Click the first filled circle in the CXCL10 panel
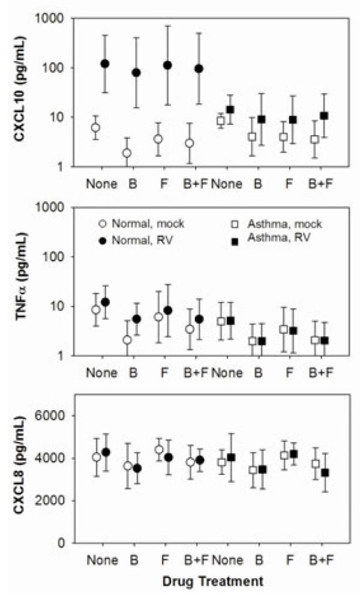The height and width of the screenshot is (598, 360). click(x=105, y=64)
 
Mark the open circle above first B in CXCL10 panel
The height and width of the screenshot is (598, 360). click(x=127, y=153)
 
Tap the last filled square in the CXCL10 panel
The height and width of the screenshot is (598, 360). click(x=325, y=115)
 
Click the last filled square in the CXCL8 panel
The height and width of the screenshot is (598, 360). click(x=325, y=473)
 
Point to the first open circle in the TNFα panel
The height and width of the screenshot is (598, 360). click(x=95, y=310)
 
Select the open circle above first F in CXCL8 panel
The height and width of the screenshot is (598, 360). click(x=159, y=450)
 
